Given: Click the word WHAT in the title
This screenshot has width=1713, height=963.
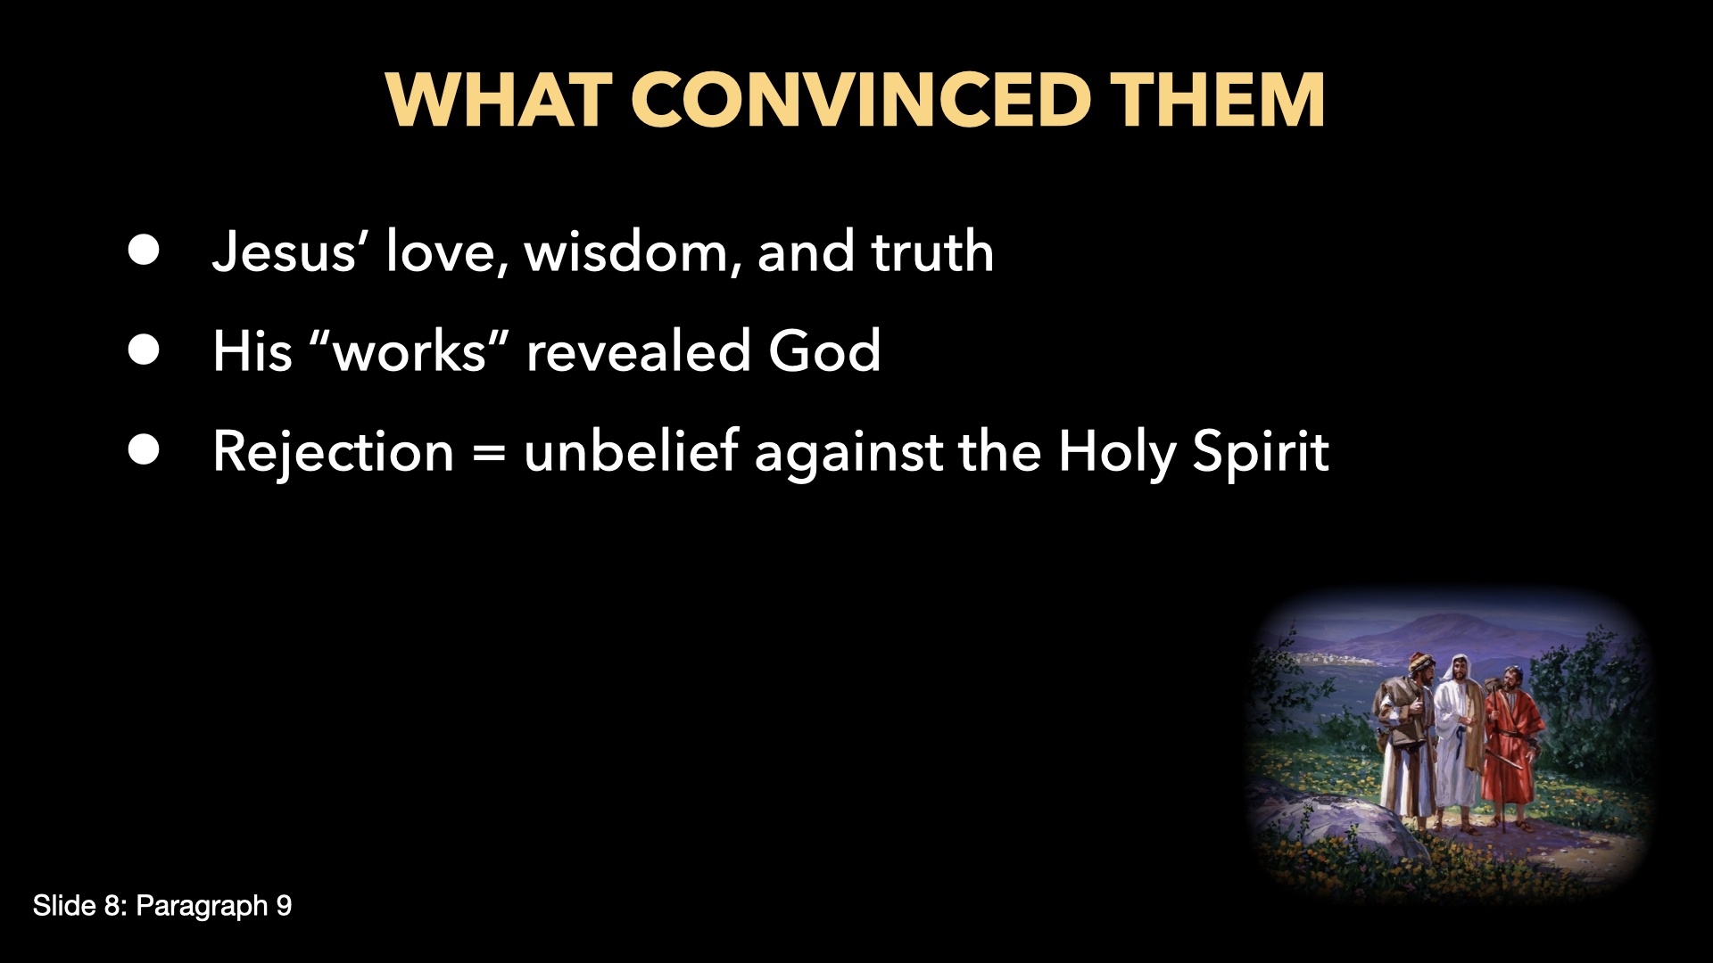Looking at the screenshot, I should click(x=498, y=100).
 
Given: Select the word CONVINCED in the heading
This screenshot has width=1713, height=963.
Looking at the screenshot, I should click(x=861, y=100).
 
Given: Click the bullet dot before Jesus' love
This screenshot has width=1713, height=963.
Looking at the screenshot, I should click(x=144, y=251).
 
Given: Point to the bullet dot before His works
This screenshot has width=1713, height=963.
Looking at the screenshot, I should click(x=144, y=350).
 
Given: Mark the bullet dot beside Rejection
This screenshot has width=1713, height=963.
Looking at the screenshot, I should click(x=144, y=450).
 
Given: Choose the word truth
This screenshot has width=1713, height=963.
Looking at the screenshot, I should click(x=932, y=252).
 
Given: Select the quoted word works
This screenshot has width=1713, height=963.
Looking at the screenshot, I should click(x=409, y=352).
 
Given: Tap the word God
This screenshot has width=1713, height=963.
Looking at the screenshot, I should click(x=824, y=351).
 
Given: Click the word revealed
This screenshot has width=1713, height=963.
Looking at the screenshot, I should click(x=638, y=351).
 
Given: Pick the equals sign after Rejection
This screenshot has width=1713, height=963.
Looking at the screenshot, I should click(x=489, y=452).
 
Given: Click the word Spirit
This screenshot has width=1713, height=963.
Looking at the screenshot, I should click(x=1261, y=452).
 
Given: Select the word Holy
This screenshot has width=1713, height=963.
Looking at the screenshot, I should click(x=1117, y=452).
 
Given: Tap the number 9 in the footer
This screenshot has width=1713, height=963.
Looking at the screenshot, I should click(x=284, y=906).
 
